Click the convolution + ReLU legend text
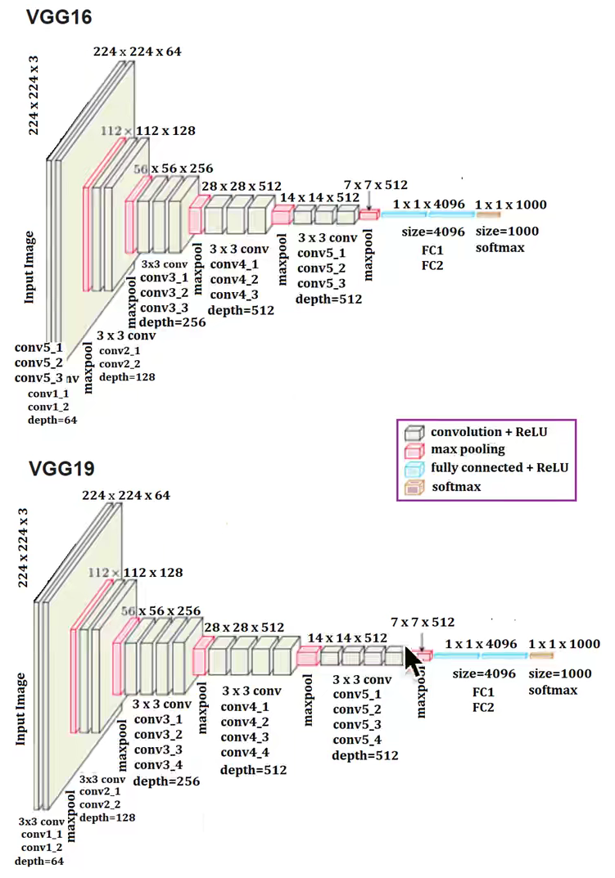click(x=489, y=432)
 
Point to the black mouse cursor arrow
click(x=416, y=659)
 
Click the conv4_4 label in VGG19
click(x=245, y=752)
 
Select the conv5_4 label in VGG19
click(x=357, y=740)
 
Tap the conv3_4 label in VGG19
click(x=158, y=765)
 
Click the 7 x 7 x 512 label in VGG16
click(x=376, y=186)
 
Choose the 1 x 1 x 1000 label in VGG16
click(x=510, y=204)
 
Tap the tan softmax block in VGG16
click(x=489, y=214)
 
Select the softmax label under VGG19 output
click(x=553, y=690)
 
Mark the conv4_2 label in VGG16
click(x=235, y=279)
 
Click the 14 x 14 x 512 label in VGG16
click(x=319, y=197)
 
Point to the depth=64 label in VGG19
click(x=38, y=862)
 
